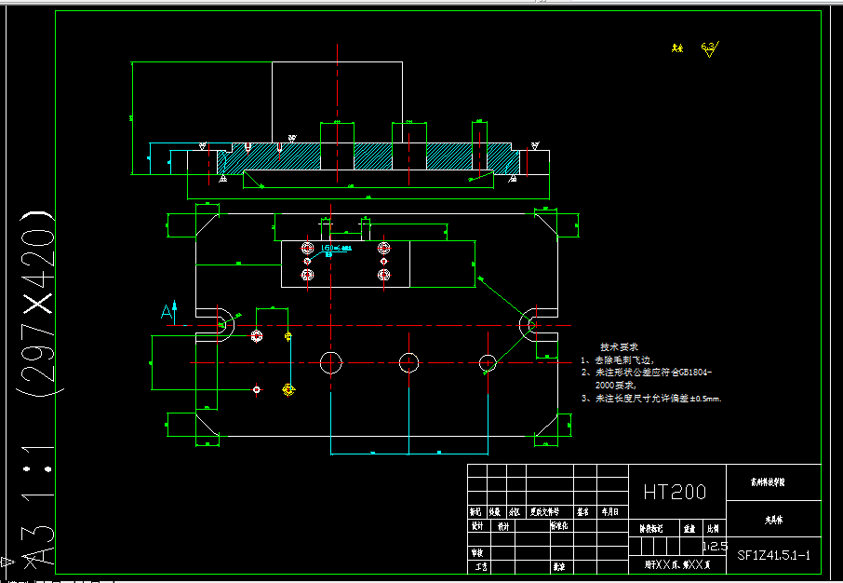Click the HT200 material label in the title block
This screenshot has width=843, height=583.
click(x=675, y=492)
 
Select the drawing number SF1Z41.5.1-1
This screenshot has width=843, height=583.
click(x=774, y=556)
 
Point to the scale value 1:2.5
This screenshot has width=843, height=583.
click(x=716, y=546)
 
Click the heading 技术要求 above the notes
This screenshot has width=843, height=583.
click(x=619, y=346)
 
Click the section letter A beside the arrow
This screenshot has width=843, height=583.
click(x=167, y=311)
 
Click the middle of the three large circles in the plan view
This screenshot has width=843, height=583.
click(x=409, y=361)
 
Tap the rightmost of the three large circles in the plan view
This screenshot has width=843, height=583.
click(x=488, y=361)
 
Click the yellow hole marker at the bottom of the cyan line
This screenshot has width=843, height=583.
click(x=288, y=389)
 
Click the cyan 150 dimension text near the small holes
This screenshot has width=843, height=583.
click(x=329, y=249)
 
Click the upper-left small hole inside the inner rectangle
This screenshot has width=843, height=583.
click(x=308, y=248)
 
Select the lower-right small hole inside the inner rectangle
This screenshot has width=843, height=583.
click(x=382, y=275)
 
